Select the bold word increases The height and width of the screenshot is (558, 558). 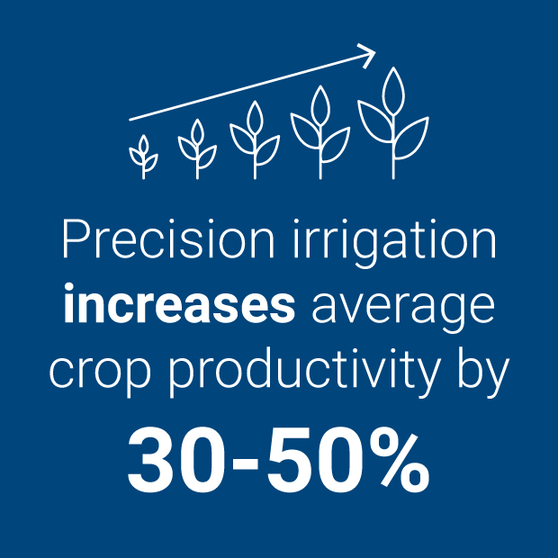[178, 306]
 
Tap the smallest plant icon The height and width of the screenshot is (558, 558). [143, 157]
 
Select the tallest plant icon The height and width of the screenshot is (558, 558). [392, 121]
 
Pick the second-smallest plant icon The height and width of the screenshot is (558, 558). [197, 148]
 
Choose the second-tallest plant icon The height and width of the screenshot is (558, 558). [319, 130]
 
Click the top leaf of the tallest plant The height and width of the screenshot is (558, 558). [392, 88]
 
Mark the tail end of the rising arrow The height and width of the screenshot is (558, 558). [130, 119]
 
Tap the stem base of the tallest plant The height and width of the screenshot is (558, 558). [392, 173]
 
